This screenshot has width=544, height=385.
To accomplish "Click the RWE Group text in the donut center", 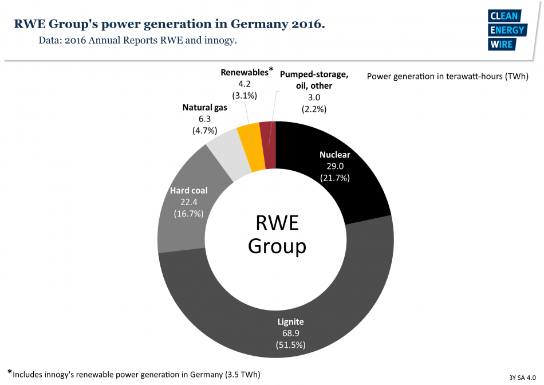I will coord(276,234).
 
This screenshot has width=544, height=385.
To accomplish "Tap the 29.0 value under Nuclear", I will coord(334,166).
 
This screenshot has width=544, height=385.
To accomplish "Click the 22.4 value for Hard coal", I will coord(188,202).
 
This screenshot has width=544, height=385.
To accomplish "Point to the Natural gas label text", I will coord(204,107).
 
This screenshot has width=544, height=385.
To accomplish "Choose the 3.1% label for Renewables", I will coord(245,95).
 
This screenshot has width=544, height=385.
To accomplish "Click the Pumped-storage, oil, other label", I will coord(313,80).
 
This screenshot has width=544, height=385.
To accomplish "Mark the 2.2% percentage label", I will coord(314,108).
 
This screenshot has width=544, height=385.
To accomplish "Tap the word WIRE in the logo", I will coord(502,44).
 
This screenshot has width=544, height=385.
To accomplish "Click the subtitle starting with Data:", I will coord(137,41).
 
